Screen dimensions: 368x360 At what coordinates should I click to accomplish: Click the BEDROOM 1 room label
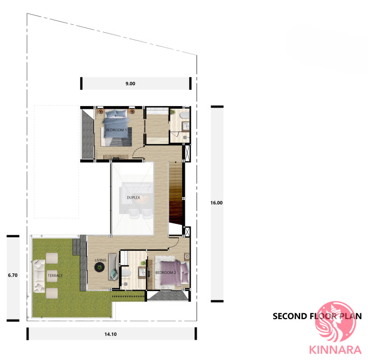coord(116,130)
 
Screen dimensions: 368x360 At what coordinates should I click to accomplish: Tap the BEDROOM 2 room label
coord(166,273)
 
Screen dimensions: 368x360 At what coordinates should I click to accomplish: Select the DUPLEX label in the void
coord(133,197)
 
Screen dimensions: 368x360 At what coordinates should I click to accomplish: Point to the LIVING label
coord(100,260)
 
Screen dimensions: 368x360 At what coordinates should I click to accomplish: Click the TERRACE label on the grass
coord(55,276)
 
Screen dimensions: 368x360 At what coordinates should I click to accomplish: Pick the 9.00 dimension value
coord(130,83)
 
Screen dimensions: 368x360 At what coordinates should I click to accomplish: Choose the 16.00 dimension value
coord(217,203)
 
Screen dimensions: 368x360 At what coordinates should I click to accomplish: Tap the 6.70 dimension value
coord(13,275)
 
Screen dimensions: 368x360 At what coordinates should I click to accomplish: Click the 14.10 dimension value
coord(110,334)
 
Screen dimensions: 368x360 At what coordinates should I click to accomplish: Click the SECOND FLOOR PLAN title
coord(317,316)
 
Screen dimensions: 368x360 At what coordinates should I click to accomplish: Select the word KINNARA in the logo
coord(335,350)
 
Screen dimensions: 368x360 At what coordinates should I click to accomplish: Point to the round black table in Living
coord(100,267)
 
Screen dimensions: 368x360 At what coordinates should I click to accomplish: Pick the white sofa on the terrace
coord(39,276)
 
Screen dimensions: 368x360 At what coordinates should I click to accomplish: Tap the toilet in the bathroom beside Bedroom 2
coord(126,273)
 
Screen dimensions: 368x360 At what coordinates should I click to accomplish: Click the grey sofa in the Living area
coord(113,267)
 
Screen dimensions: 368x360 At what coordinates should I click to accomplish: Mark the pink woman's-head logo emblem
coord(335,321)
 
